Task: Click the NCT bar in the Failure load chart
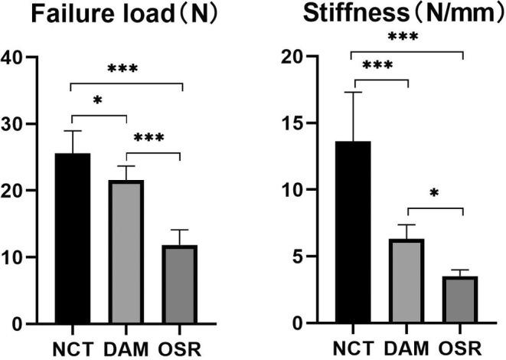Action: (x=72, y=237)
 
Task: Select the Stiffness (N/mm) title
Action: (x=390, y=16)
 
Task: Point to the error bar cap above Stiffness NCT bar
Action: (x=351, y=92)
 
